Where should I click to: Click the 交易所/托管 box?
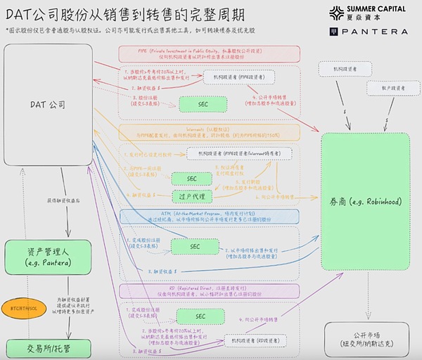pos(48,348)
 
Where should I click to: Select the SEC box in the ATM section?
pos(193,246)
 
